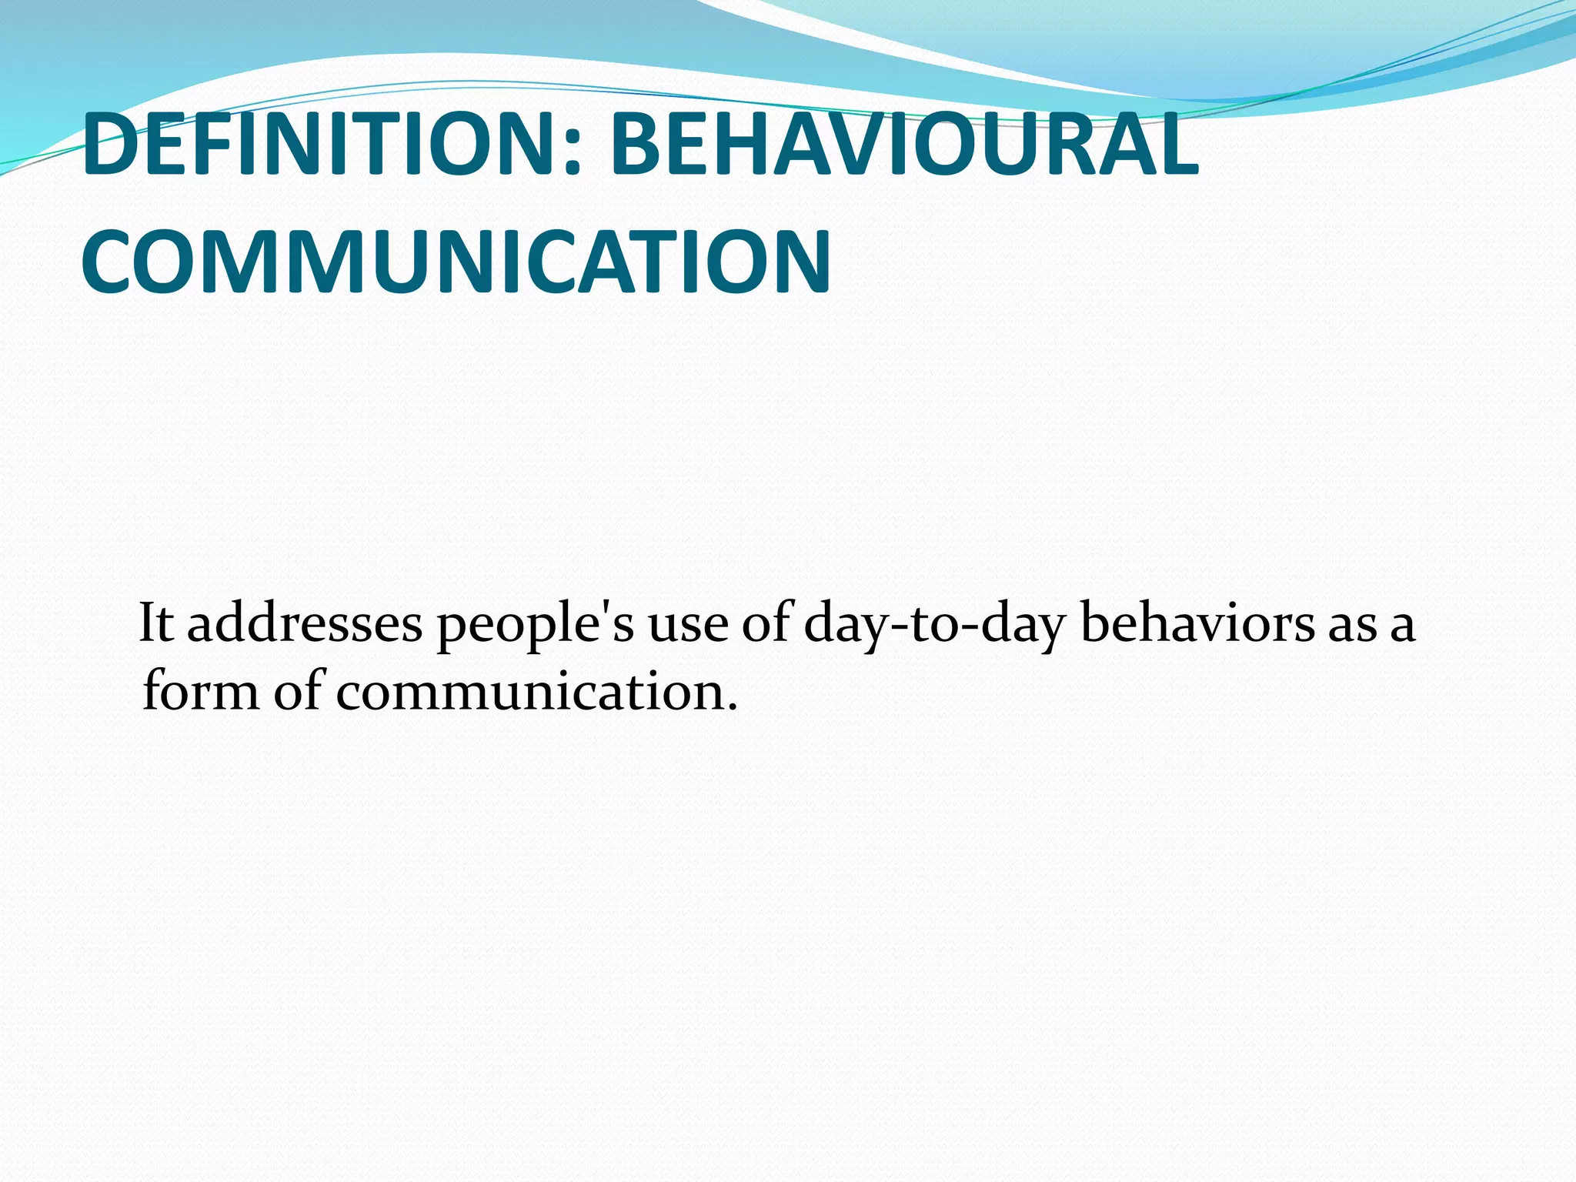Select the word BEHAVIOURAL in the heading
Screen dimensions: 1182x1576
coord(904,145)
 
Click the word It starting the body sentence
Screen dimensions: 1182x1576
coord(155,623)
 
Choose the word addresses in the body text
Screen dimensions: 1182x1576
coord(305,623)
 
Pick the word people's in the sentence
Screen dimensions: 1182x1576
coord(536,625)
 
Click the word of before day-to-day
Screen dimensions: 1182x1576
coord(766,623)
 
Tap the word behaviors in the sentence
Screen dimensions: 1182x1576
coord(1197,623)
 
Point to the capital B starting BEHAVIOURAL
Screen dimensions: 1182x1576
coord(633,145)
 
